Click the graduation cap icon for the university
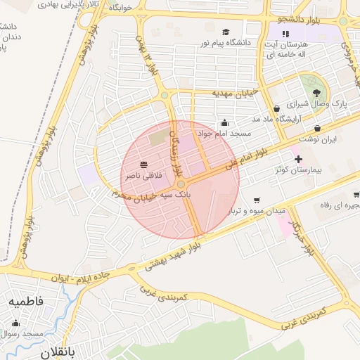pos(226,32)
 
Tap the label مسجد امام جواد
pos(220,133)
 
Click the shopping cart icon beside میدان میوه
pos(257,200)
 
